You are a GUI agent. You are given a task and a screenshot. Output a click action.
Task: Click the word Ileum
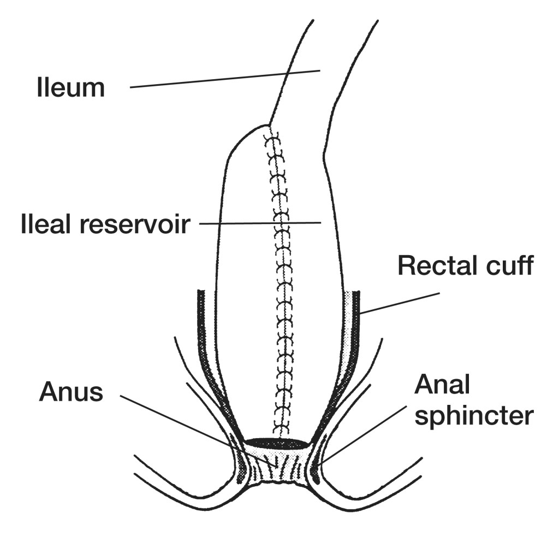70,88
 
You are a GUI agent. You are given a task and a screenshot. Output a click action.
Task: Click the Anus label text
70,392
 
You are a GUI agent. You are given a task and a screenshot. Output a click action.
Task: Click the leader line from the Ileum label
224,79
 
